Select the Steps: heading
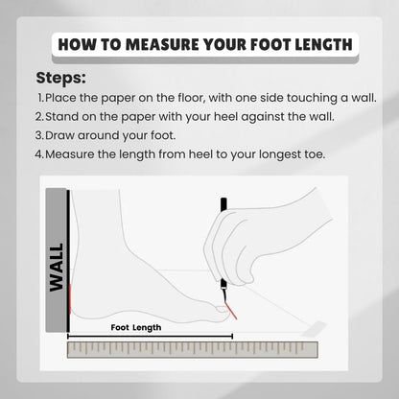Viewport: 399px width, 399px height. [60, 78]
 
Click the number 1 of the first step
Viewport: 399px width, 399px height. [40, 98]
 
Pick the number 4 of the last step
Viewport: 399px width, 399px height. [38, 154]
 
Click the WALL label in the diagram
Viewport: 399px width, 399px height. [57, 268]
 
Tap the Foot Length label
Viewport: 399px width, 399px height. [136, 327]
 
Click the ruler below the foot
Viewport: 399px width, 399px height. [193, 349]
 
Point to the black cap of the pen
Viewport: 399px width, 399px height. [223, 204]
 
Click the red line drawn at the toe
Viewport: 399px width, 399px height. [231, 311]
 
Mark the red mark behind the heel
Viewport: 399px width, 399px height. [70, 298]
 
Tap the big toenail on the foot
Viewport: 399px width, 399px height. [222, 309]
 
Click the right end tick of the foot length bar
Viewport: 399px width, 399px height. [232, 337]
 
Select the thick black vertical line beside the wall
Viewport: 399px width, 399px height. [68, 261]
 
